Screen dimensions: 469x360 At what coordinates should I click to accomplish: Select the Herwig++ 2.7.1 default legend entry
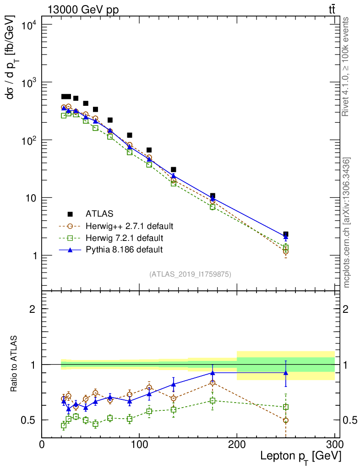[129, 226]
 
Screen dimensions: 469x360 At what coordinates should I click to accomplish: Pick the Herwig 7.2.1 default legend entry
[124, 238]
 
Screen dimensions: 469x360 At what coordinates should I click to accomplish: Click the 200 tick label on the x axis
[237, 444]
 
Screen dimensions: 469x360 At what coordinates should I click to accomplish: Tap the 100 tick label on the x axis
[139, 444]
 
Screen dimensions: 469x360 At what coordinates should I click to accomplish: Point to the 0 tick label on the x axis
[42, 444]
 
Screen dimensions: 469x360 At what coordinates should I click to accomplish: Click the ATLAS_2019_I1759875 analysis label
[190, 274]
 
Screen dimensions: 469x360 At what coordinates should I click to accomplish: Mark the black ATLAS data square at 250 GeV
[286, 234]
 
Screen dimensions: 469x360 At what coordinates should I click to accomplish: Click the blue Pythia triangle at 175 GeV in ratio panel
[213, 373]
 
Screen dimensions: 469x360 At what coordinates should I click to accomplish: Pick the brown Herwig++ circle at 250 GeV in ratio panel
[286, 420]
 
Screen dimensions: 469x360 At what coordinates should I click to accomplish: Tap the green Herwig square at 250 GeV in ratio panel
[286, 407]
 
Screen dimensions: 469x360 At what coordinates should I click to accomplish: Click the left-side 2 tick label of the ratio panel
[33, 309]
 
